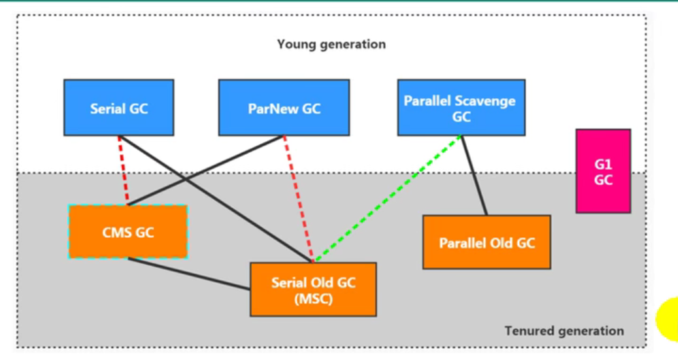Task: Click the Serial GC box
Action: pos(119,108)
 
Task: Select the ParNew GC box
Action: pos(284,108)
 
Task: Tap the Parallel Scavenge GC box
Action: pos(462,108)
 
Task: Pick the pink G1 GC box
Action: pos(603,171)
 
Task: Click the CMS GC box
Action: pos(128,232)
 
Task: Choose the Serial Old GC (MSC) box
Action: pos(313,289)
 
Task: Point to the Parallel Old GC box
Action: pos(487,242)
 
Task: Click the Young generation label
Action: pos(331,44)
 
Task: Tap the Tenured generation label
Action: pos(564,331)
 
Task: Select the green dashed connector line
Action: pos(388,199)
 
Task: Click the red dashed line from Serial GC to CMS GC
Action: pos(123,171)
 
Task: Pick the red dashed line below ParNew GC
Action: pos(298,199)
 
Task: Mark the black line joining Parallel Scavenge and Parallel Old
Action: pos(475,176)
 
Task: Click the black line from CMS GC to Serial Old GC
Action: pos(189,274)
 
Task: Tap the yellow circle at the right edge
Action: pos(668,319)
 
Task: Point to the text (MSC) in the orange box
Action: pos(313,299)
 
